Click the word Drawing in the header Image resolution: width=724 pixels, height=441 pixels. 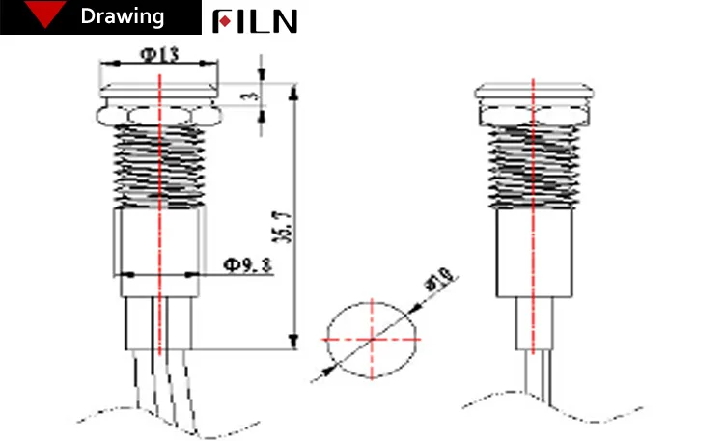pos(122,17)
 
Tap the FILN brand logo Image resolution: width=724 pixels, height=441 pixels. pos(255,20)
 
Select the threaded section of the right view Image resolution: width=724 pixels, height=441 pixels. pos(532,168)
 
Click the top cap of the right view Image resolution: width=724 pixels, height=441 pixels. pos(532,95)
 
